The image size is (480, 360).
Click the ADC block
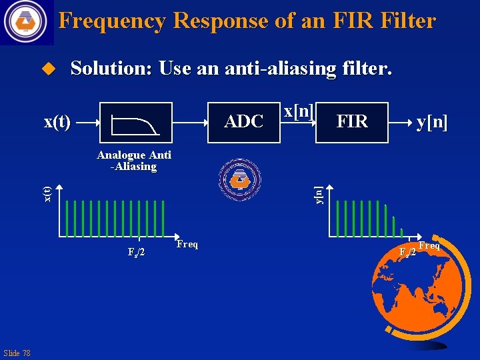coord(244,122)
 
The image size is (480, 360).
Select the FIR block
coord(352,122)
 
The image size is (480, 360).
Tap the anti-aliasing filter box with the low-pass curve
coord(136,123)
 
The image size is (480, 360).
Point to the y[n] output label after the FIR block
coord(431,122)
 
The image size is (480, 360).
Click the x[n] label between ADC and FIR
coord(299,111)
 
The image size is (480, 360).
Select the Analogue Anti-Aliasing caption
coord(134,161)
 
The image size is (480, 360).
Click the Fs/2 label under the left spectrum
coord(137,252)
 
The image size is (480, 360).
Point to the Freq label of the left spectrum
coord(187,245)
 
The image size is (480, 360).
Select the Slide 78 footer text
coord(17,353)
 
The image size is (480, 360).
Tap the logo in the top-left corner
coord(26,21)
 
